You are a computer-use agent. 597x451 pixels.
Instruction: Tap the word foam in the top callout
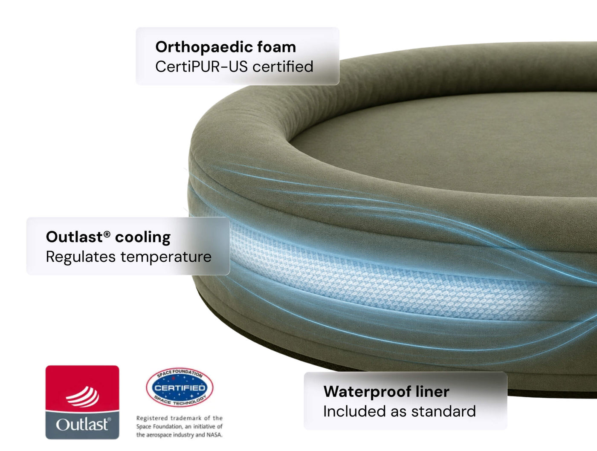276,47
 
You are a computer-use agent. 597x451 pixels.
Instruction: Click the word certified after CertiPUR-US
283,66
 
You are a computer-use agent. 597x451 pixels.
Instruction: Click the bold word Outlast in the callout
74,237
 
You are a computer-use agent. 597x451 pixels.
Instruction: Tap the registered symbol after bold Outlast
107,234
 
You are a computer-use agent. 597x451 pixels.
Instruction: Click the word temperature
166,257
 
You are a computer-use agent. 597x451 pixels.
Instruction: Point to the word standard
443,411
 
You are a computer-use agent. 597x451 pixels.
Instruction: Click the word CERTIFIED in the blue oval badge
180,387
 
